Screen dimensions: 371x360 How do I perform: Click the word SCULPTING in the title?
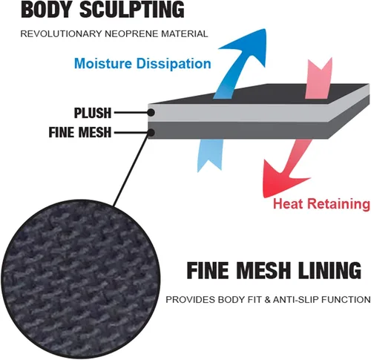pyautogui.click(x=132, y=10)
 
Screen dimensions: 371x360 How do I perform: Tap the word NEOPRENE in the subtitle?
pyautogui.click(x=132, y=33)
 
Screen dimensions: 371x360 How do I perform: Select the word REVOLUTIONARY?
pyautogui.click(x=62, y=33)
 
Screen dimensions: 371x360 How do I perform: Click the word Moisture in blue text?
pyautogui.click(x=103, y=63)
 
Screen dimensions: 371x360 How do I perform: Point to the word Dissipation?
pyautogui.click(x=174, y=64)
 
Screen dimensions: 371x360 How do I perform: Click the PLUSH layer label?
pyautogui.click(x=93, y=113)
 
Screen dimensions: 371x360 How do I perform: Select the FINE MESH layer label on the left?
pyautogui.click(x=80, y=132)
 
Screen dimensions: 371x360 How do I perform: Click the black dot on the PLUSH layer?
pyautogui.click(x=151, y=113)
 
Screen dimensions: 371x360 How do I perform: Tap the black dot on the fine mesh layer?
pyautogui.click(x=151, y=133)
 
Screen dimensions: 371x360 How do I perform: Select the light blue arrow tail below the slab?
pyautogui.click(x=210, y=154)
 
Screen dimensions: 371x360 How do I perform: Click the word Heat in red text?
pyautogui.click(x=288, y=204)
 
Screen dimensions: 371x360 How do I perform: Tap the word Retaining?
pyautogui.click(x=339, y=204)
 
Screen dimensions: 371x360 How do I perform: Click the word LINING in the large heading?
pyautogui.click(x=329, y=270)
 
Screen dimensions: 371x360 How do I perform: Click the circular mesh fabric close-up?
pyautogui.click(x=80, y=279)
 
